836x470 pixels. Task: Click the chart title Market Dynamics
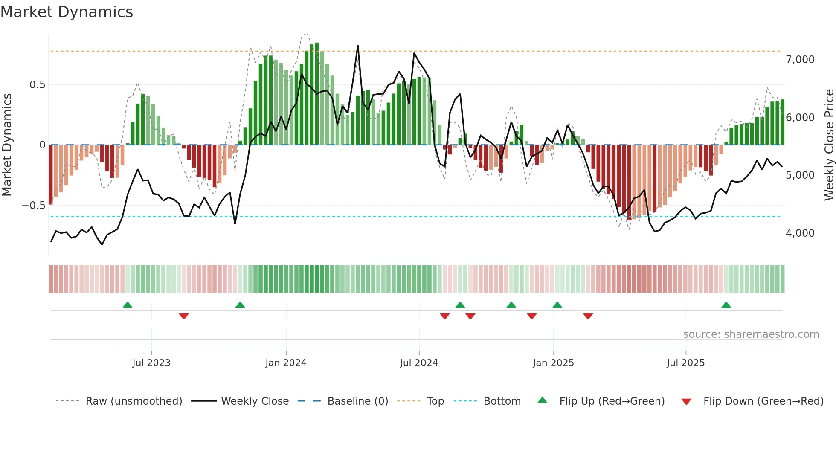pyautogui.click(x=67, y=12)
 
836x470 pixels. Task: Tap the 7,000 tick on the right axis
pyautogui.click(x=800, y=60)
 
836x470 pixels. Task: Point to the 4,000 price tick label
pyautogui.click(x=800, y=233)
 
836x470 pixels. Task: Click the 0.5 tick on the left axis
pyautogui.click(x=37, y=85)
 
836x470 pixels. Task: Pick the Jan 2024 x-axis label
pyautogui.click(x=286, y=363)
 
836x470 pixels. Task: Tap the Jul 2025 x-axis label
pyautogui.click(x=685, y=363)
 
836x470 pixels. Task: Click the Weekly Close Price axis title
pyautogui.click(x=829, y=145)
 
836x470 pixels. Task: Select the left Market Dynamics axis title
pyautogui.click(x=7, y=145)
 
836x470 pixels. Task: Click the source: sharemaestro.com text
pyautogui.click(x=751, y=334)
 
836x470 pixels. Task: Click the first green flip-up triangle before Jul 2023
pyautogui.click(x=128, y=305)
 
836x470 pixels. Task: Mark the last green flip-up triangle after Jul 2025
pyautogui.click(x=726, y=305)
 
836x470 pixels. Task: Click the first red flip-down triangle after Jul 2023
pyautogui.click(x=184, y=316)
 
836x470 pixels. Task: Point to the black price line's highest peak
pyautogui.click(x=357, y=46)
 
